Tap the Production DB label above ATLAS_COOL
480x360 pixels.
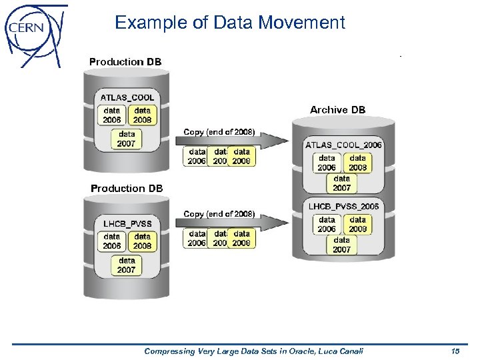click(125, 61)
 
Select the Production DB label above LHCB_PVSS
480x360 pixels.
click(127, 189)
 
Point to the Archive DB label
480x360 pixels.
click(337, 109)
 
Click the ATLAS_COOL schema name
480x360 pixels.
click(127, 97)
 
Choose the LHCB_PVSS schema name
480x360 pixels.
click(127, 223)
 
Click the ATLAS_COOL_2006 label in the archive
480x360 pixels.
click(343, 145)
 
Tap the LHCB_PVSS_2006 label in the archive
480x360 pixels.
click(343, 207)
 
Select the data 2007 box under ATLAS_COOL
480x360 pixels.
click(127, 139)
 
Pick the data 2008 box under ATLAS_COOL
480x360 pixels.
click(143, 115)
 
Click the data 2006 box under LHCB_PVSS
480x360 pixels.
click(112, 241)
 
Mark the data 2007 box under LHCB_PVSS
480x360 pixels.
click(127, 265)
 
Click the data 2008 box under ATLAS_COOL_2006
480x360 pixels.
click(358, 163)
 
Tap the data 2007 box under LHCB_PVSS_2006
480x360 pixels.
click(342, 245)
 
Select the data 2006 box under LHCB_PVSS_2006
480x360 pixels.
click(327, 224)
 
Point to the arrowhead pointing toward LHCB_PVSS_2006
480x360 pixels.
click(274, 223)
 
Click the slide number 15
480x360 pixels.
click(455, 351)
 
